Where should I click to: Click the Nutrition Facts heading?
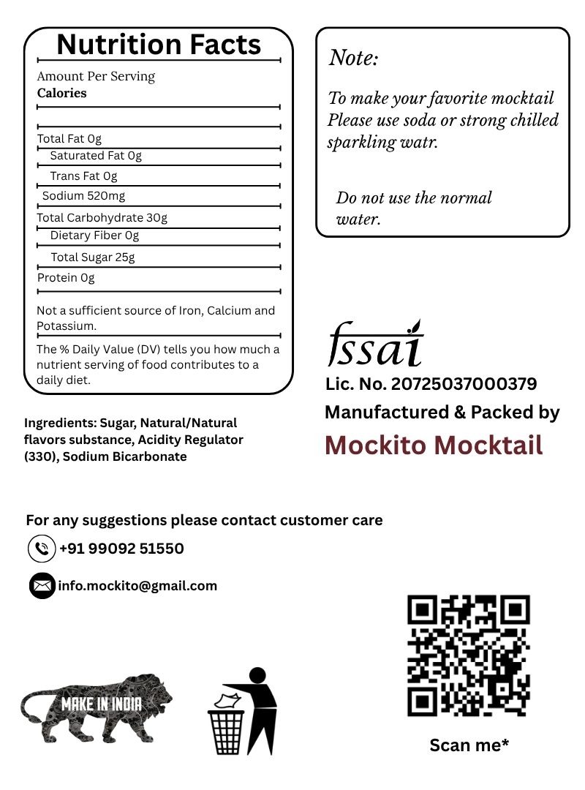159,45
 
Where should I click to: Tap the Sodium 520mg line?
83,196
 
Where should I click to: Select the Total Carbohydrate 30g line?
102,218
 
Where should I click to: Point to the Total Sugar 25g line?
93,257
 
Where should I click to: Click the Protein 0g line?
66,278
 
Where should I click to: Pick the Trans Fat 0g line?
83,176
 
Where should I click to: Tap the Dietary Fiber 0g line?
94,236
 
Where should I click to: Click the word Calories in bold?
62,93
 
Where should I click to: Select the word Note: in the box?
354,58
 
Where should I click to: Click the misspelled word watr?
418,142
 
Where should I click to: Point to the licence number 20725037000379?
464,384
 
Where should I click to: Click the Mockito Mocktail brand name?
434,445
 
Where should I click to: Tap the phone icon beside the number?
42,549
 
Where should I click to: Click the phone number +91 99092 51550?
121,549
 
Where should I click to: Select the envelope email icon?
42,586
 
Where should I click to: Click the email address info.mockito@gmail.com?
137,586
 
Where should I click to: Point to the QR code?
468,655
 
